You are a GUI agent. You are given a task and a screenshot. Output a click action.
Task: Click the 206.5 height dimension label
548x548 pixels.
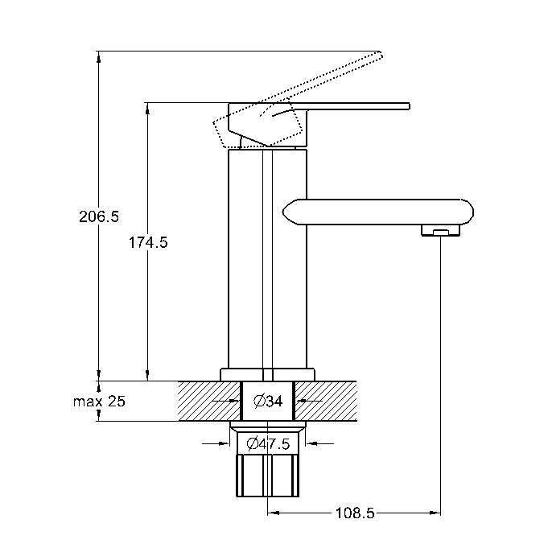point(99,216)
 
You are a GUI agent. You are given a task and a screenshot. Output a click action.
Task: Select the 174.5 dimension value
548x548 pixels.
point(148,242)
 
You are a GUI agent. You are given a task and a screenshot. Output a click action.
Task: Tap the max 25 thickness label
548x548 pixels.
point(99,402)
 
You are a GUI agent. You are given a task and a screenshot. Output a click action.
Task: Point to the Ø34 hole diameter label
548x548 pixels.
point(268,401)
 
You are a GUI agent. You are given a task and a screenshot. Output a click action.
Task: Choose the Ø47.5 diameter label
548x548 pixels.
point(268,444)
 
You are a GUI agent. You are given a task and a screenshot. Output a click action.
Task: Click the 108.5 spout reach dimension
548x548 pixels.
point(355,513)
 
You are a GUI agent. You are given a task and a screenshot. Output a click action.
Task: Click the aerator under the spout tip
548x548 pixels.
point(440,231)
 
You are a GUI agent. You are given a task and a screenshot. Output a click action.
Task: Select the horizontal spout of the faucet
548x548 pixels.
point(377,212)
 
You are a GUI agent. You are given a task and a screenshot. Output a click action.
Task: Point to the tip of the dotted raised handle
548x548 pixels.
point(381,54)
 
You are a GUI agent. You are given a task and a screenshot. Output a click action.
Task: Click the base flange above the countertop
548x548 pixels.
point(267,374)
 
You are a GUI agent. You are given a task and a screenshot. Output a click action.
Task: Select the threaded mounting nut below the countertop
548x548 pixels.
point(268,476)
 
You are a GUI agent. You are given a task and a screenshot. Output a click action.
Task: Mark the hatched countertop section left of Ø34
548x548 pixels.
point(209,402)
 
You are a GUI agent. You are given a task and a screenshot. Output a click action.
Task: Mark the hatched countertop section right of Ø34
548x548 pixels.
point(326,402)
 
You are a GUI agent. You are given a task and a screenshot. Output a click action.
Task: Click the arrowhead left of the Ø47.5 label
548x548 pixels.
point(224,444)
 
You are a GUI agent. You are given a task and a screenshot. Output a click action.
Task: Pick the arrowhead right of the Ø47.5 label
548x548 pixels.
point(311,444)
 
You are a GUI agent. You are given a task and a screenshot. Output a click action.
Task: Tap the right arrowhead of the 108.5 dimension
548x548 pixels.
point(435,513)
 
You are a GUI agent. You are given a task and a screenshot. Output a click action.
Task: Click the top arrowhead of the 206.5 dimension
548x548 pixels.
point(99,57)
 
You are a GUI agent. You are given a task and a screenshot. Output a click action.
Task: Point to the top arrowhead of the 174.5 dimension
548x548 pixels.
point(147,109)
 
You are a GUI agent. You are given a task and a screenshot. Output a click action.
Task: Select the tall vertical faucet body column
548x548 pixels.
point(267,258)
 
